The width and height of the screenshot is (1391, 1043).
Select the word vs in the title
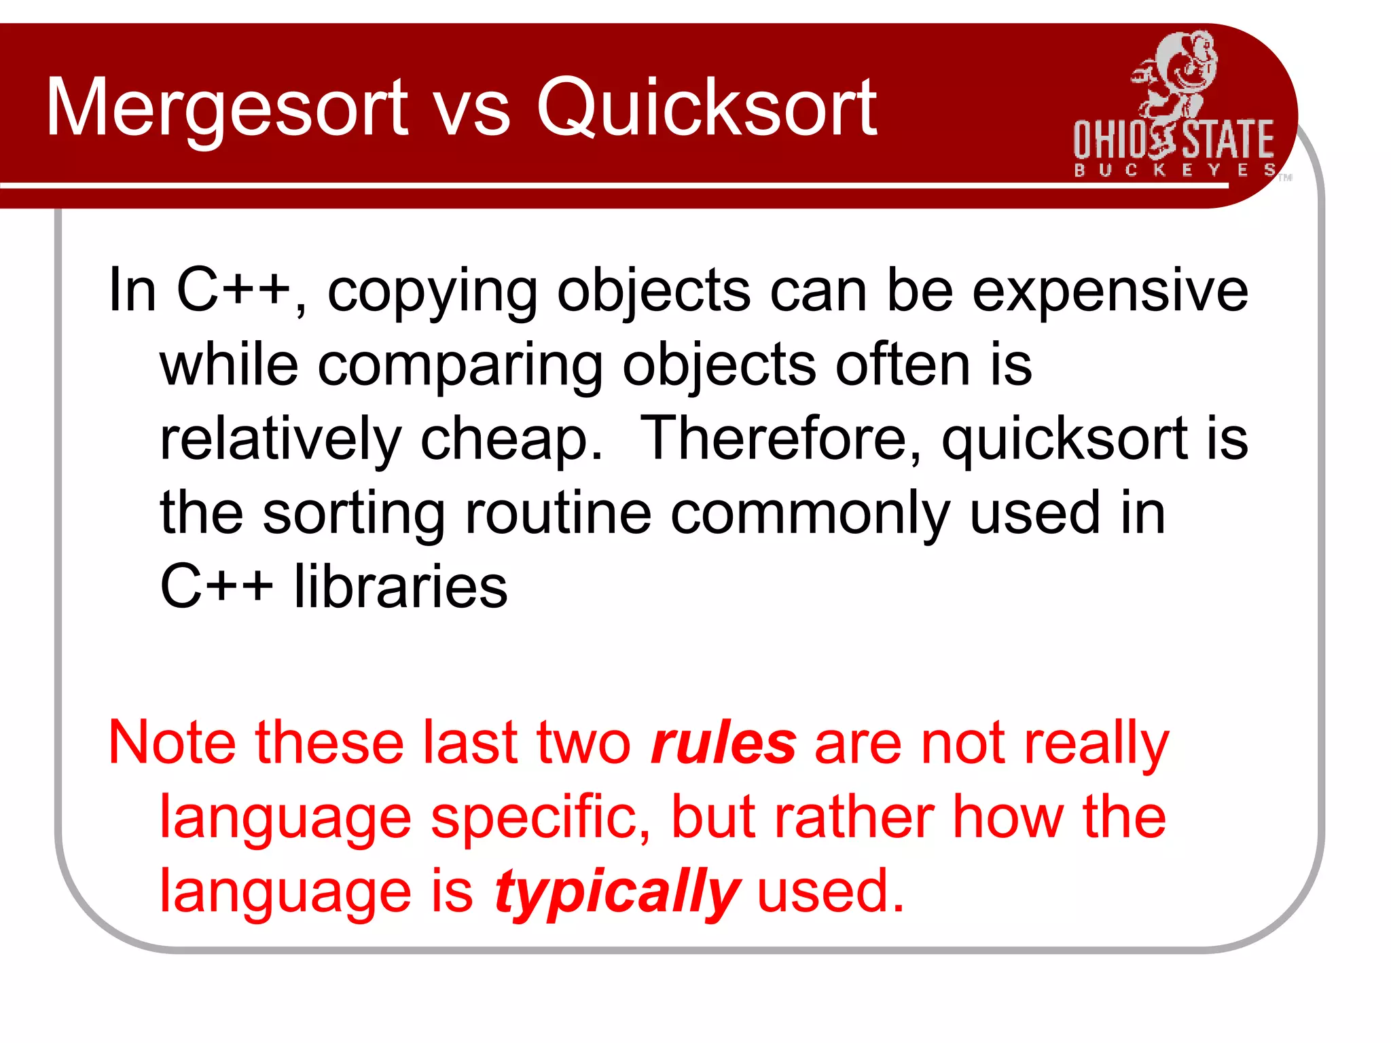point(473,112)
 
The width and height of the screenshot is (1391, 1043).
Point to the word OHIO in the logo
point(1108,140)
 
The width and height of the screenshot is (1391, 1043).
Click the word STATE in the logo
point(1228,140)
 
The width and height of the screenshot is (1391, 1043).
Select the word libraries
point(401,587)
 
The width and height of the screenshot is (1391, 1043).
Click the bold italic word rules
point(723,744)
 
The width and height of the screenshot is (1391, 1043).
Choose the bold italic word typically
point(617,892)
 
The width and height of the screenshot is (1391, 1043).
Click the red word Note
point(173,744)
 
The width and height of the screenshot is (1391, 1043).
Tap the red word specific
point(541,819)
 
